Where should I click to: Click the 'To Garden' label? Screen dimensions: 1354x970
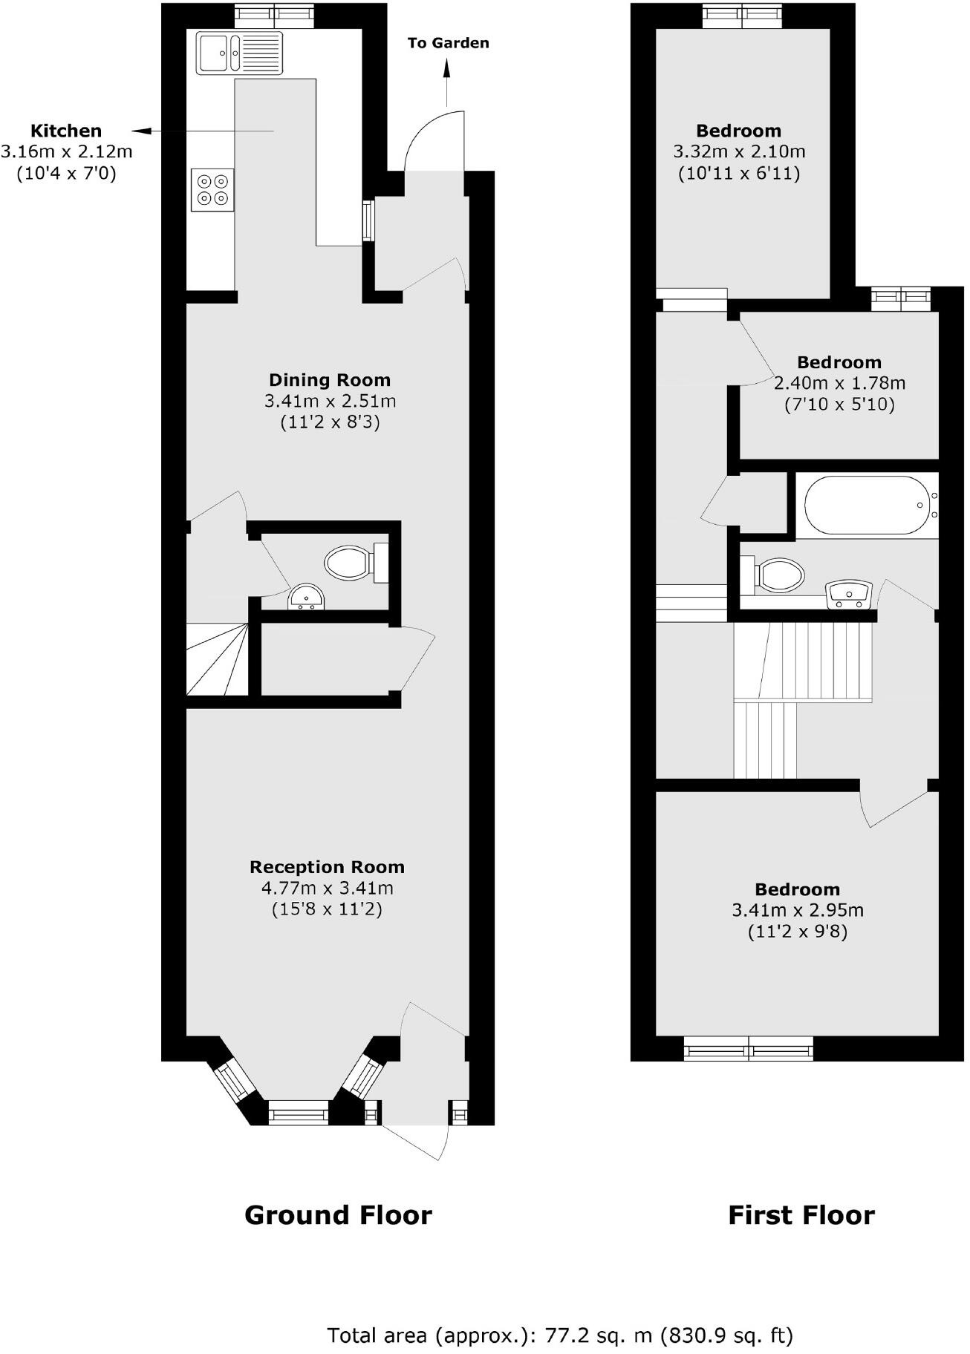click(x=448, y=43)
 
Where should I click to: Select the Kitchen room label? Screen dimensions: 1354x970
click(x=66, y=131)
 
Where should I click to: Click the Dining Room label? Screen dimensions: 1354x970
click(x=329, y=380)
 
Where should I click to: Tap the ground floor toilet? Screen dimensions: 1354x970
click(x=349, y=562)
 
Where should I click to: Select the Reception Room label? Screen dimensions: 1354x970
click(x=327, y=867)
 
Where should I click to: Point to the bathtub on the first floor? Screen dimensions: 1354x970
click(x=866, y=505)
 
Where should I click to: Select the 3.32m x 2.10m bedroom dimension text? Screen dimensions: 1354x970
click(x=739, y=152)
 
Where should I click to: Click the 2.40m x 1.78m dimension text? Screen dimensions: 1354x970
click(x=839, y=384)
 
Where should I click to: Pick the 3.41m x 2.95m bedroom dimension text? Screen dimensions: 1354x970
click(x=798, y=910)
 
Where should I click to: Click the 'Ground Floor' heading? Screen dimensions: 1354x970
click(x=338, y=1215)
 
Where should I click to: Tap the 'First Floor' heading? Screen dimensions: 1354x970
click(x=801, y=1215)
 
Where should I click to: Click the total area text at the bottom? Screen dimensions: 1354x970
click(x=560, y=1315)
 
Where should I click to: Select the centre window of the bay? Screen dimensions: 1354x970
click(x=298, y=1113)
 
